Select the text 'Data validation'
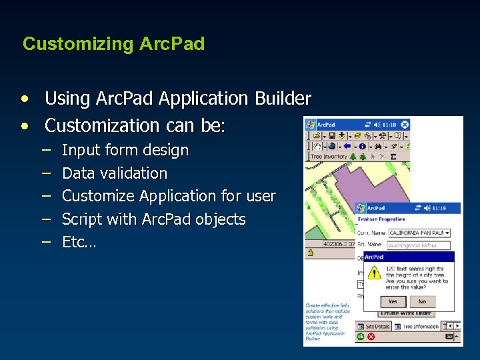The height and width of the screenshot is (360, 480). pos(114,173)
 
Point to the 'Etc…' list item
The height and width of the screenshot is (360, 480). pos(79,242)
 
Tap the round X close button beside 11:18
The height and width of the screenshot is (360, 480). pos(404,124)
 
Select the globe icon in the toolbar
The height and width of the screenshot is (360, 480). pos(331,146)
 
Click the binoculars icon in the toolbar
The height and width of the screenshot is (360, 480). pos(378,146)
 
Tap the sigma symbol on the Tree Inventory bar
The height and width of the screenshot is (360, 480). pos(393,157)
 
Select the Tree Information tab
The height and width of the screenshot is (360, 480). pos(420,326)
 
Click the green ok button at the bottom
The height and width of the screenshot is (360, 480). pos(361,337)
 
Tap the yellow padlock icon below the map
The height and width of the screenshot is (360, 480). pos(310,253)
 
